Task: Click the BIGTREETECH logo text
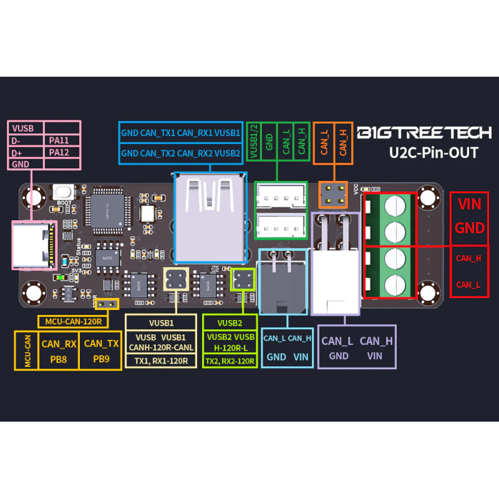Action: coord(424,132)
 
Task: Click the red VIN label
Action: coord(470,205)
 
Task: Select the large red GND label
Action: coord(470,228)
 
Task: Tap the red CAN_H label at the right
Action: coord(468,258)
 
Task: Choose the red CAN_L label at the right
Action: coord(468,284)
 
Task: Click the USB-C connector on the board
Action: coord(33,244)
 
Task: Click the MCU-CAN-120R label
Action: coord(73,322)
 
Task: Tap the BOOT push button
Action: coord(61,192)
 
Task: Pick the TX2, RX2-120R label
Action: coord(230,361)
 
